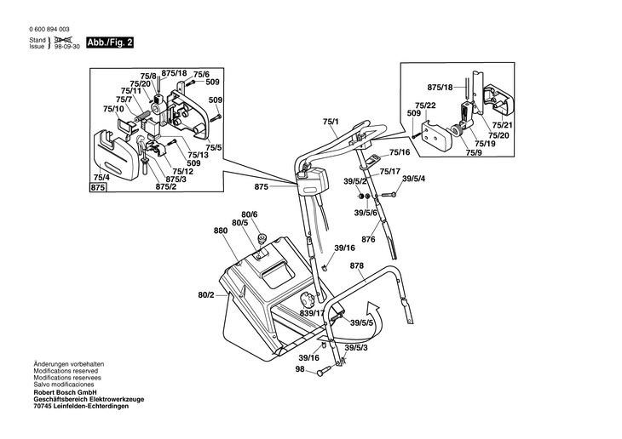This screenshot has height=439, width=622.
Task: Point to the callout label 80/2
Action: point(206,295)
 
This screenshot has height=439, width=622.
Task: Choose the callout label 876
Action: point(368,239)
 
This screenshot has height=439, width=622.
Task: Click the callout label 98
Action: point(300,368)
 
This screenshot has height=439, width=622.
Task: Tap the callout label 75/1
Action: point(331,123)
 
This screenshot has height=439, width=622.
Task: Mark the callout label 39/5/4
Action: point(414,178)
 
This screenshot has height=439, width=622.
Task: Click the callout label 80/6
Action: point(249,214)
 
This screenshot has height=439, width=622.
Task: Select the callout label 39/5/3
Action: point(356,347)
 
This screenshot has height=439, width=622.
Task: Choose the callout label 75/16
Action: point(400,152)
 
